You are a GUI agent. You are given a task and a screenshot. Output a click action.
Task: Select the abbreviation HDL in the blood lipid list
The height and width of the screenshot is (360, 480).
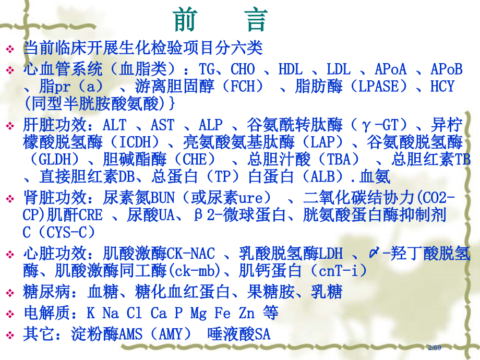[290, 69]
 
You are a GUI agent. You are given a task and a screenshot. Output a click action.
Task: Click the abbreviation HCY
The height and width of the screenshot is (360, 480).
[442, 86]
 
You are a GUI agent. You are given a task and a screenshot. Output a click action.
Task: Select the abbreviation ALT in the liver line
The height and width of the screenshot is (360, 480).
[115, 125]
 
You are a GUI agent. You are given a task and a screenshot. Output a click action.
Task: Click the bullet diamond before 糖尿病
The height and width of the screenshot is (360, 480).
[11, 292]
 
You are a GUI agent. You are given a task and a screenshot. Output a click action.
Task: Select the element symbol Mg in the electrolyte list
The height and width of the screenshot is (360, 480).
[198, 313]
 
